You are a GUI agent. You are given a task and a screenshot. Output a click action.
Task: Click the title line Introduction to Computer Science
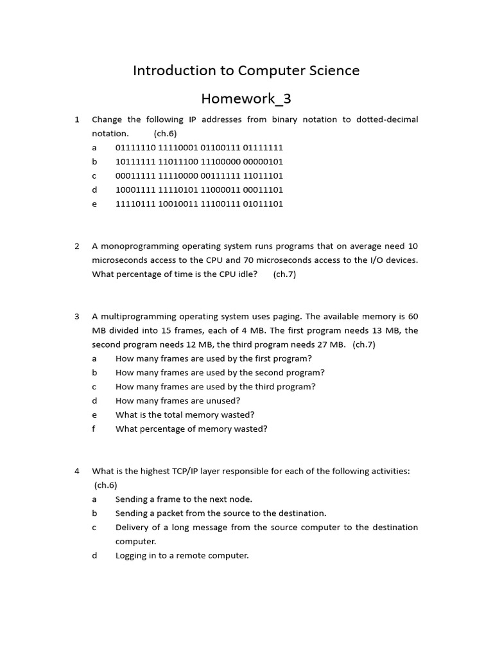pos(246,71)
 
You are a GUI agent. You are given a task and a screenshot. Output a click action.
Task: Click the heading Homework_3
pos(246,98)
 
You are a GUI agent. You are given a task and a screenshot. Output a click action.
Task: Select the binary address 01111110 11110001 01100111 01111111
pos(199,148)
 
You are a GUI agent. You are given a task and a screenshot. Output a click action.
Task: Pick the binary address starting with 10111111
pos(199,162)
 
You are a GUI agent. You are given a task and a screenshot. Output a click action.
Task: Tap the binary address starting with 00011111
pos(199,176)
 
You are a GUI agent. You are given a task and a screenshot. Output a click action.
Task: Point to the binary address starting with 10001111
pos(199,190)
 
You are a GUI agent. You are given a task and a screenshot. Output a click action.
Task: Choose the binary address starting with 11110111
pos(199,204)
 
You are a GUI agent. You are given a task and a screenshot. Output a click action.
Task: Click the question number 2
pos(77,246)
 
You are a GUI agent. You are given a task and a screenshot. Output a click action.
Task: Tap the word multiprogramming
pos(139,317)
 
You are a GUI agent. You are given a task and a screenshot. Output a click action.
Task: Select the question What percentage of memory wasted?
pos(191,429)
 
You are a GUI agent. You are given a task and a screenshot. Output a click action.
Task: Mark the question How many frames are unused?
pos(178,401)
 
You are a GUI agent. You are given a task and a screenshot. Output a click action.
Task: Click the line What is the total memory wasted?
pos(185,415)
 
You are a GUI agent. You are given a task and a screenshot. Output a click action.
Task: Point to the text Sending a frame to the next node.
pos(184,499)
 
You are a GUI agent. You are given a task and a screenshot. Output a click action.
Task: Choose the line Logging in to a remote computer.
pos(182,556)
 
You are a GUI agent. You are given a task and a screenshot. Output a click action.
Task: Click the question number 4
pos(77,471)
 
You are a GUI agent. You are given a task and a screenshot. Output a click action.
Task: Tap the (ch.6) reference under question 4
pos(106,485)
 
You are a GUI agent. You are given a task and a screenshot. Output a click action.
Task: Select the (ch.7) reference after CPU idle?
pos(284,274)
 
